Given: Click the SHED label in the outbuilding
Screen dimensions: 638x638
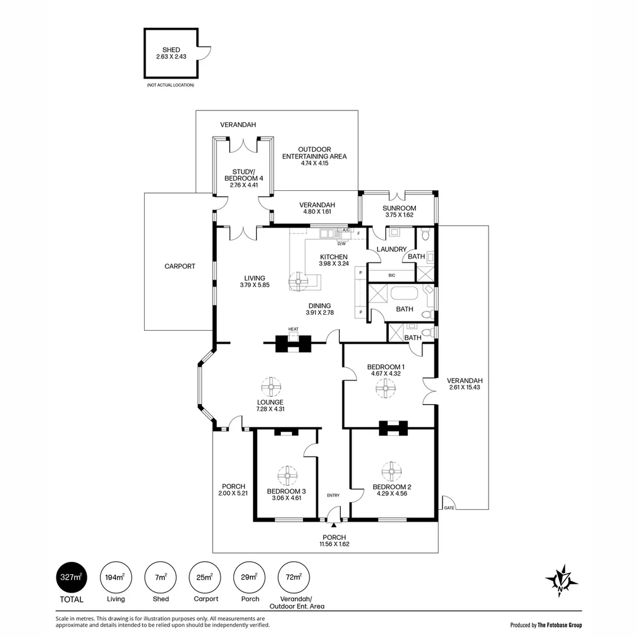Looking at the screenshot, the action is point(171,50).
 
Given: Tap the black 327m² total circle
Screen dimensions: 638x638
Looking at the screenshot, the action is point(71,577).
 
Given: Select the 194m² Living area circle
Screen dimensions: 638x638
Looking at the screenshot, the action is point(116,577).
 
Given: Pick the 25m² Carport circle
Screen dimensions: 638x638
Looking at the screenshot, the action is point(205,577).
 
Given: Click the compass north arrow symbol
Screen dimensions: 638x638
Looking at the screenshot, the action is point(562,580).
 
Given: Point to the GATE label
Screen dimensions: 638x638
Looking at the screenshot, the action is point(449,508).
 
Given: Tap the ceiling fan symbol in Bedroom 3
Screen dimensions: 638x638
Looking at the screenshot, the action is point(288,476).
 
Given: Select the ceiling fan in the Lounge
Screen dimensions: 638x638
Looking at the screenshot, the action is point(271,387).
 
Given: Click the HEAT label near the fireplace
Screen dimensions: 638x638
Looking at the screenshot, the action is point(294,329).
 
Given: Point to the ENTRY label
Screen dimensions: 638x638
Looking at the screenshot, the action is point(333,495).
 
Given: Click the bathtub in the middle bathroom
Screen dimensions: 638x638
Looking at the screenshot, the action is point(404,294).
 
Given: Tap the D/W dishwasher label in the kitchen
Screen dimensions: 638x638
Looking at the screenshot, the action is point(341,244).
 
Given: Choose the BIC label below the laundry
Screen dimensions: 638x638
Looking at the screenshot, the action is point(392,275).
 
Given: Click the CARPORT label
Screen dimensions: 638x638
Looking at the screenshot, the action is point(180,266).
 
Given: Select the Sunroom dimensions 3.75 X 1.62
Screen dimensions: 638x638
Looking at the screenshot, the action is point(399,215).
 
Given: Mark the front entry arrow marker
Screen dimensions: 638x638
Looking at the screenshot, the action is point(334,525).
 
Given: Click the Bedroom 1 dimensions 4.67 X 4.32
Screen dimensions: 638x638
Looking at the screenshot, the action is point(386,373).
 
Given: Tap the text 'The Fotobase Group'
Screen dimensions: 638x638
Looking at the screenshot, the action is point(560,625).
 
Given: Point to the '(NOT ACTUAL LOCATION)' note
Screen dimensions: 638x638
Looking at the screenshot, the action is point(171,85).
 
